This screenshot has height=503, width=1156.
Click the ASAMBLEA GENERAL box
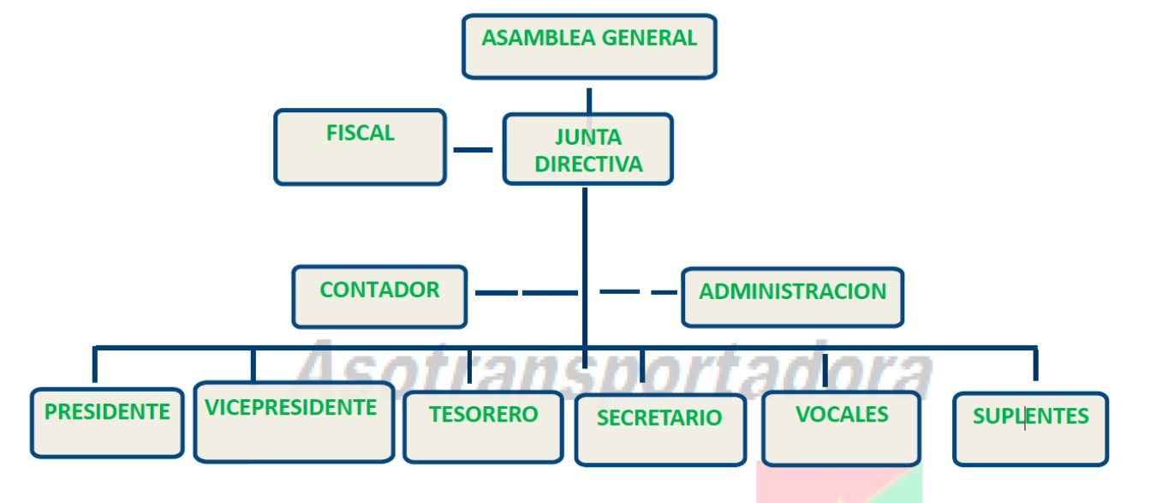tap(589, 46)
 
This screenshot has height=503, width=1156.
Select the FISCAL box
tap(360, 147)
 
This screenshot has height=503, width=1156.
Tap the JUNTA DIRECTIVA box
tap(587, 149)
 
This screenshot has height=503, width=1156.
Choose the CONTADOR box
tap(379, 296)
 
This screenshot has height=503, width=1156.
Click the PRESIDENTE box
tap(107, 423)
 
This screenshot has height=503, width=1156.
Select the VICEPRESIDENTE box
tap(293, 422)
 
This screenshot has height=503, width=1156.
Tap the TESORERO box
tap(483, 426)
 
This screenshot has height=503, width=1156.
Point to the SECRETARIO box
tap(659, 428)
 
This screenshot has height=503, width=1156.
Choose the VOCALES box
tap(842, 427)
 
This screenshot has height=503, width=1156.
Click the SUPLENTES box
tap(1030, 428)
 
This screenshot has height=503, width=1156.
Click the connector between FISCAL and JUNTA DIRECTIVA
tap(473, 150)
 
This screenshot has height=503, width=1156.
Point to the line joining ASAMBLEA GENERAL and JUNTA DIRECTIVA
tap(589, 97)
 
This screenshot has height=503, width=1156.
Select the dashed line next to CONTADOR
tap(525, 293)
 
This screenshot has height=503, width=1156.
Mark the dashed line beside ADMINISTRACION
tap(638, 292)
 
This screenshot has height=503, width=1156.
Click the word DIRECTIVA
tap(588, 164)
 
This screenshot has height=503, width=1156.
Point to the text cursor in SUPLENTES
tap(1025, 420)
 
